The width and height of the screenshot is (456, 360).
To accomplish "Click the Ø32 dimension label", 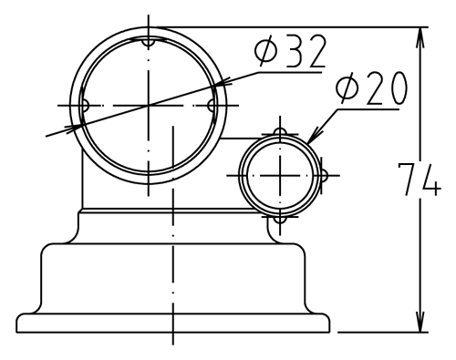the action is pyautogui.click(x=290, y=51).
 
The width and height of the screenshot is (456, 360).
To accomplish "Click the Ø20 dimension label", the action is pyautogui.click(x=371, y=88).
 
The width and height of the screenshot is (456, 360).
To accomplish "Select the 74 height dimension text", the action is pyautogui.click(x=420, y=180).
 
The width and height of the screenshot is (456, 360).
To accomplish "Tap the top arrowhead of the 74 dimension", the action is pyautogui.click(x=420, y=37).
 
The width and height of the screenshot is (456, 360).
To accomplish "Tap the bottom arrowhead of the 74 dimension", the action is pyautogui.click(x=420, y=322).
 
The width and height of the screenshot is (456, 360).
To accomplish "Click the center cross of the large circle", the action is pyautogui.click(x=149, y=106).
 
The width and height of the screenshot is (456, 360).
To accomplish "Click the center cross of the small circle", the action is pyautogui.click(x=280, y=175).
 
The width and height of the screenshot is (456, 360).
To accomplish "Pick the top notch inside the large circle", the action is pyautogui.click(x=149, y=43).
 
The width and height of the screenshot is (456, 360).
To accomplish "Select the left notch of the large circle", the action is pyautogui.click(x=85, y=106).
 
